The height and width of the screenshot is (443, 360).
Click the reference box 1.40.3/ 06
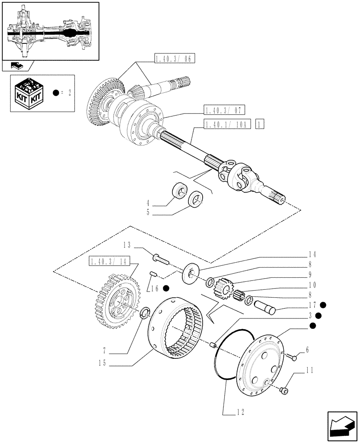(x=175, y=59)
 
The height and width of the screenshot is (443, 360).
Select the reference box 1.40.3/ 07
(x=225, y=110)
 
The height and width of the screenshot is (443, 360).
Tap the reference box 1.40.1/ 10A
(x=227, y=124)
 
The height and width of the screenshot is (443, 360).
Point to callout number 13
(x=126, y=245)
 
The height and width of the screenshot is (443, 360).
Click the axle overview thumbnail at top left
(x=50, y=31)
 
